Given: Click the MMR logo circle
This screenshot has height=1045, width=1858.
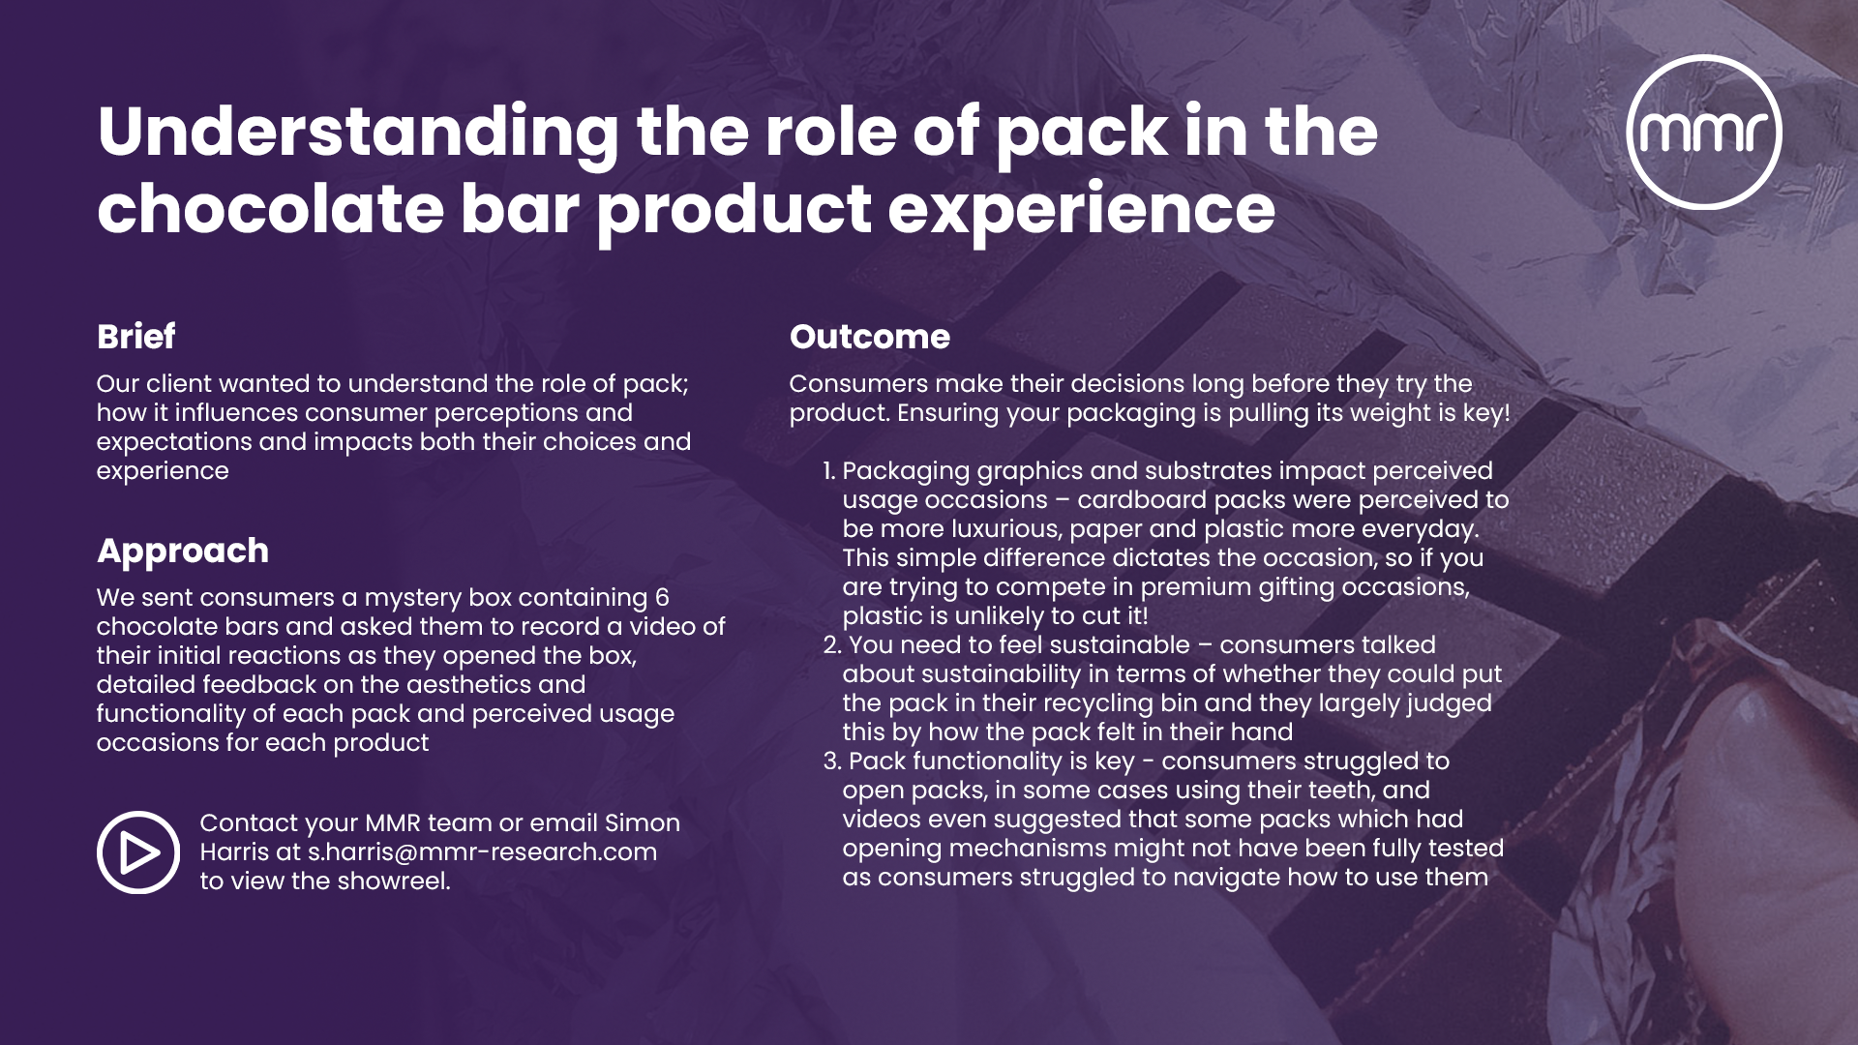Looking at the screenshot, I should pos(1704,132).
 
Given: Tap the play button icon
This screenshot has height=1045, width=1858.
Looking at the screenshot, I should pos(138,852).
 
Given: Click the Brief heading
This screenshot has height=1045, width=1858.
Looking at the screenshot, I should pos(135,337).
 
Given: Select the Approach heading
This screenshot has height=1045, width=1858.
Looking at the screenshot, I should pos(183,551).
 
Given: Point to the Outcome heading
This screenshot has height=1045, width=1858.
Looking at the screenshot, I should pos(869,337).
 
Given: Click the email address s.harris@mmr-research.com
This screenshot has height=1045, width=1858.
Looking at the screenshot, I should pos(482,852).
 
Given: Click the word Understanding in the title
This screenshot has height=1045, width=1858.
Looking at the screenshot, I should pos(358,132).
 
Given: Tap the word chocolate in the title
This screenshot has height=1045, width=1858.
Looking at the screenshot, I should pos(270,209).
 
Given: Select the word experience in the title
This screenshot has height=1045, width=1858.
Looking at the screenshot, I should pos(1081,209).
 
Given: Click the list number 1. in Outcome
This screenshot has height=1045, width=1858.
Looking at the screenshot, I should pos(828,471).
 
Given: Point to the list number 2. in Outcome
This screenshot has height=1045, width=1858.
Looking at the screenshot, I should pos(831,645).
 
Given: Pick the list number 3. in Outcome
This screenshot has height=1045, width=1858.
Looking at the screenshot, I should pos(831,761).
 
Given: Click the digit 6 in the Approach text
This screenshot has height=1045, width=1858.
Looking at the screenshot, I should pos(662,598).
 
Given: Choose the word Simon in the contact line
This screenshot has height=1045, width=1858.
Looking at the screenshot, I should pos(642,823).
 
